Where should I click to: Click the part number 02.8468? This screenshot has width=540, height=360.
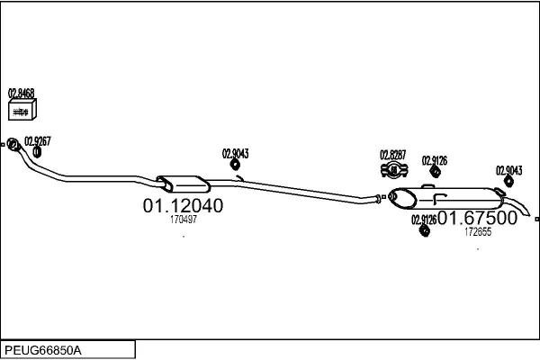21,93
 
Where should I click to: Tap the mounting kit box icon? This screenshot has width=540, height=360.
22,110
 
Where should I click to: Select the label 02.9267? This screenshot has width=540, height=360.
38,141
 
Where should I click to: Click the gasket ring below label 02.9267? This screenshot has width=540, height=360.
37,152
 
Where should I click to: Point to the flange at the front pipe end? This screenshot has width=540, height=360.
13,144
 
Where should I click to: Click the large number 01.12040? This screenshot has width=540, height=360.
183,206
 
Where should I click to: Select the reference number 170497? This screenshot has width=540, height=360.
184,220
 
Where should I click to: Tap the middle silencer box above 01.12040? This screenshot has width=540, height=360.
183,184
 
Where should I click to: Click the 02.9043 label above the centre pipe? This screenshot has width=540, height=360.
235,154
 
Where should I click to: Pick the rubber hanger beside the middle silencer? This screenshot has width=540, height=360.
235,165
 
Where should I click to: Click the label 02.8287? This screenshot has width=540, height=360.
393,155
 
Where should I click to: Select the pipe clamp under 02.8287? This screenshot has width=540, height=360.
394,170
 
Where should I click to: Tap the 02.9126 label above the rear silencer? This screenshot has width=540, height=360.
435,160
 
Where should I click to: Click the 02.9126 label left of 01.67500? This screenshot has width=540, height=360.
424,220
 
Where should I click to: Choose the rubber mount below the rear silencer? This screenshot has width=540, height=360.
425,230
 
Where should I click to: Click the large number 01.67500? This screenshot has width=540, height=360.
478,218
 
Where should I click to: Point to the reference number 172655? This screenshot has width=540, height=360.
478,232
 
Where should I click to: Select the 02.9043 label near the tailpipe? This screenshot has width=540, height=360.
509,170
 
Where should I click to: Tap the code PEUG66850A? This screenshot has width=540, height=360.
43,350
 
